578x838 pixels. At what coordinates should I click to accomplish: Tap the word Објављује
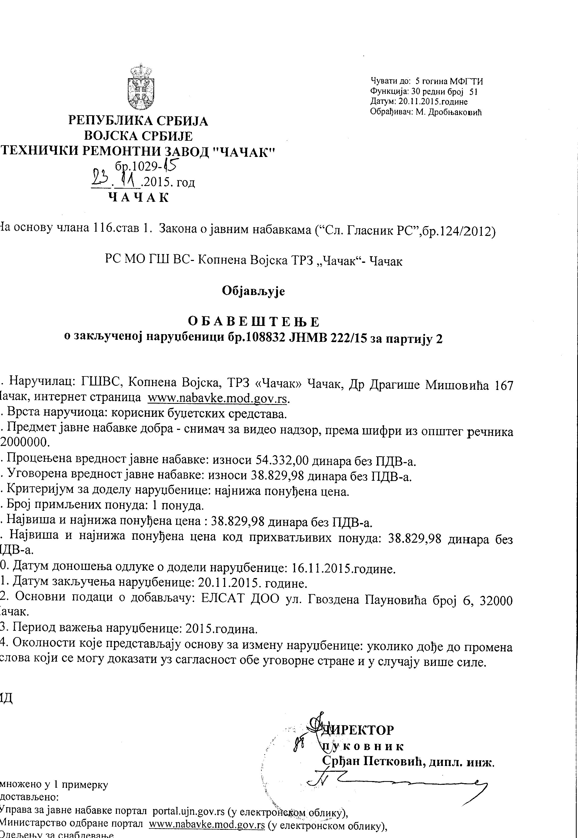[x=254, y=291]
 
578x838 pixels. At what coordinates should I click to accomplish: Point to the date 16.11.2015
[x=321, y=568]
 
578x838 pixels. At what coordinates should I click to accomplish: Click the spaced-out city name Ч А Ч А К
[x=139, y=198]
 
